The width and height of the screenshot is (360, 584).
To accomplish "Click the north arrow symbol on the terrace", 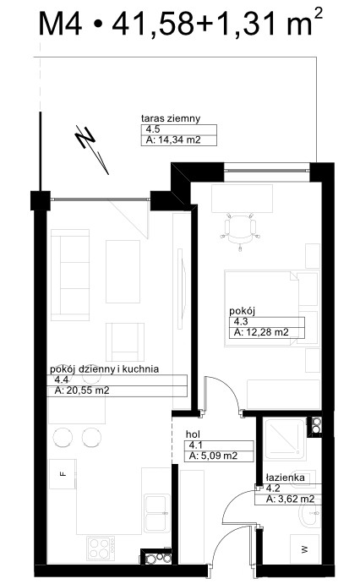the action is (91, 149).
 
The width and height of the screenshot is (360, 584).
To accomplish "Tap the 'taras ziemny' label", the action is (171, 118).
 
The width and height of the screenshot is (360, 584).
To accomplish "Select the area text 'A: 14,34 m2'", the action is (173, 140).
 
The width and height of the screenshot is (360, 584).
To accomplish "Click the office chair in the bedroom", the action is (240, 231).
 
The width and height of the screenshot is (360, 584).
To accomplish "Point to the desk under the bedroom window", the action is (242, 199).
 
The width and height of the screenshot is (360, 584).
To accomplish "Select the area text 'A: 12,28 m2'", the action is (261, 332).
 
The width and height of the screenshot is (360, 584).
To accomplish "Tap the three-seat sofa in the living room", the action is (70, 275).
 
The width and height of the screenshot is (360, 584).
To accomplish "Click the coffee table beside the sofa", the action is (123, 271).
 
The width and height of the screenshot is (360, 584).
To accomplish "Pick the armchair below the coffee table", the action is (125, 342).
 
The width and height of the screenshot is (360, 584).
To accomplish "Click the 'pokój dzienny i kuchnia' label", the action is (105, 369).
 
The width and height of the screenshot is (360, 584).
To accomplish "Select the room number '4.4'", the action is (61, 380).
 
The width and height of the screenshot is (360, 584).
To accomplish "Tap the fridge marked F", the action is (63, 474).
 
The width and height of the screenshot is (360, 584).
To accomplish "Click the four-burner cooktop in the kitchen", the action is (101, 549).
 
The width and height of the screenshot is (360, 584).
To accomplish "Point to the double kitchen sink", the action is (156, 513).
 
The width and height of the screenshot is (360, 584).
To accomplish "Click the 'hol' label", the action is (193, 434).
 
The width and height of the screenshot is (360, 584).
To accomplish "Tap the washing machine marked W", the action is (305, 549).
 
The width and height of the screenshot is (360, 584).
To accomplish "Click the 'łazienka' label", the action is (285, 478).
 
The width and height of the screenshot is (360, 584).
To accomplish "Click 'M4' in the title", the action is (60, 24).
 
